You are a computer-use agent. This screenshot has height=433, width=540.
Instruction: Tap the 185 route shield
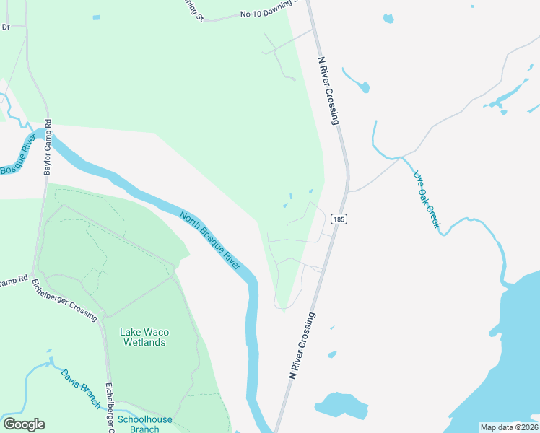(339, 218)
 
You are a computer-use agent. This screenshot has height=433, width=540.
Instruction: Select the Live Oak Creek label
(426, 200)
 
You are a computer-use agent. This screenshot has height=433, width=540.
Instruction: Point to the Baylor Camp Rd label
(48, 147)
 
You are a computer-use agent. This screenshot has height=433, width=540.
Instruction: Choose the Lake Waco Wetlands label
(144, 337)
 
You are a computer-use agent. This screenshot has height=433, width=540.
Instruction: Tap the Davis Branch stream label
(81, 389)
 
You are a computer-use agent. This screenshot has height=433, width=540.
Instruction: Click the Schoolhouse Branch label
(144, 424)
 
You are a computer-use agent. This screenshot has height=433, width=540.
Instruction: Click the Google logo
(24, 424)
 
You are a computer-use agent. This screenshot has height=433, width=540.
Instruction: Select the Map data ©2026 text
(509, 427)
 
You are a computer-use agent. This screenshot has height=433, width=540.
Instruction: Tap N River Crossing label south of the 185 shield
(302, 346)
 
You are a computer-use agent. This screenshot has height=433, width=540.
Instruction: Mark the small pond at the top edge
(388, 18)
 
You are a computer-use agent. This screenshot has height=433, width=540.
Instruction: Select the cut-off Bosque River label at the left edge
(17, 154)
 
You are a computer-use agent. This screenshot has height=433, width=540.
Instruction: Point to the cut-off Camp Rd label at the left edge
(13, 279)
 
